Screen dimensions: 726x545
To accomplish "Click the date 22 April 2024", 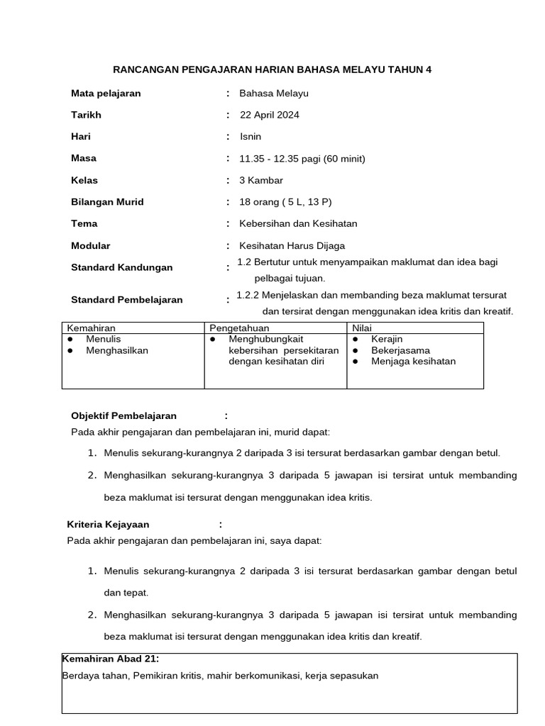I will click(269, 115).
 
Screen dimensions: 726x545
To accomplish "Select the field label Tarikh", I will click(86, 115).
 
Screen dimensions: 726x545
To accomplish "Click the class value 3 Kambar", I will click(261, 180).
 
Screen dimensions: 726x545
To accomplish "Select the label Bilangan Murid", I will click(107, 202).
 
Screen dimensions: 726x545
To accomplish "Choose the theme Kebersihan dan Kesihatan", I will click(298, 223).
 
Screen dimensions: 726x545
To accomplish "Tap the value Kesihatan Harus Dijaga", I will click(292, 245).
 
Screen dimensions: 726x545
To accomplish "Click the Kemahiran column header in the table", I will click(91, 328).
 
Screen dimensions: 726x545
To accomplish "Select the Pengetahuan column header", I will click(239, 328).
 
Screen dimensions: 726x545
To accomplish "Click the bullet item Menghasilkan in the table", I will click(117, 350).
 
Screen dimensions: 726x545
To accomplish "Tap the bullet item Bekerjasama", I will click(400, 350).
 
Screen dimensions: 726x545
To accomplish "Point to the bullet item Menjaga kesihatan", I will click(413, 361).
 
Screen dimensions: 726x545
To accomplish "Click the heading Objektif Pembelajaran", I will click(123, 415).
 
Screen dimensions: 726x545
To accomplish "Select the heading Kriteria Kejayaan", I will click(109, 525).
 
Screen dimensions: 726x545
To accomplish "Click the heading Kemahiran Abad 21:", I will click(111, 658).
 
